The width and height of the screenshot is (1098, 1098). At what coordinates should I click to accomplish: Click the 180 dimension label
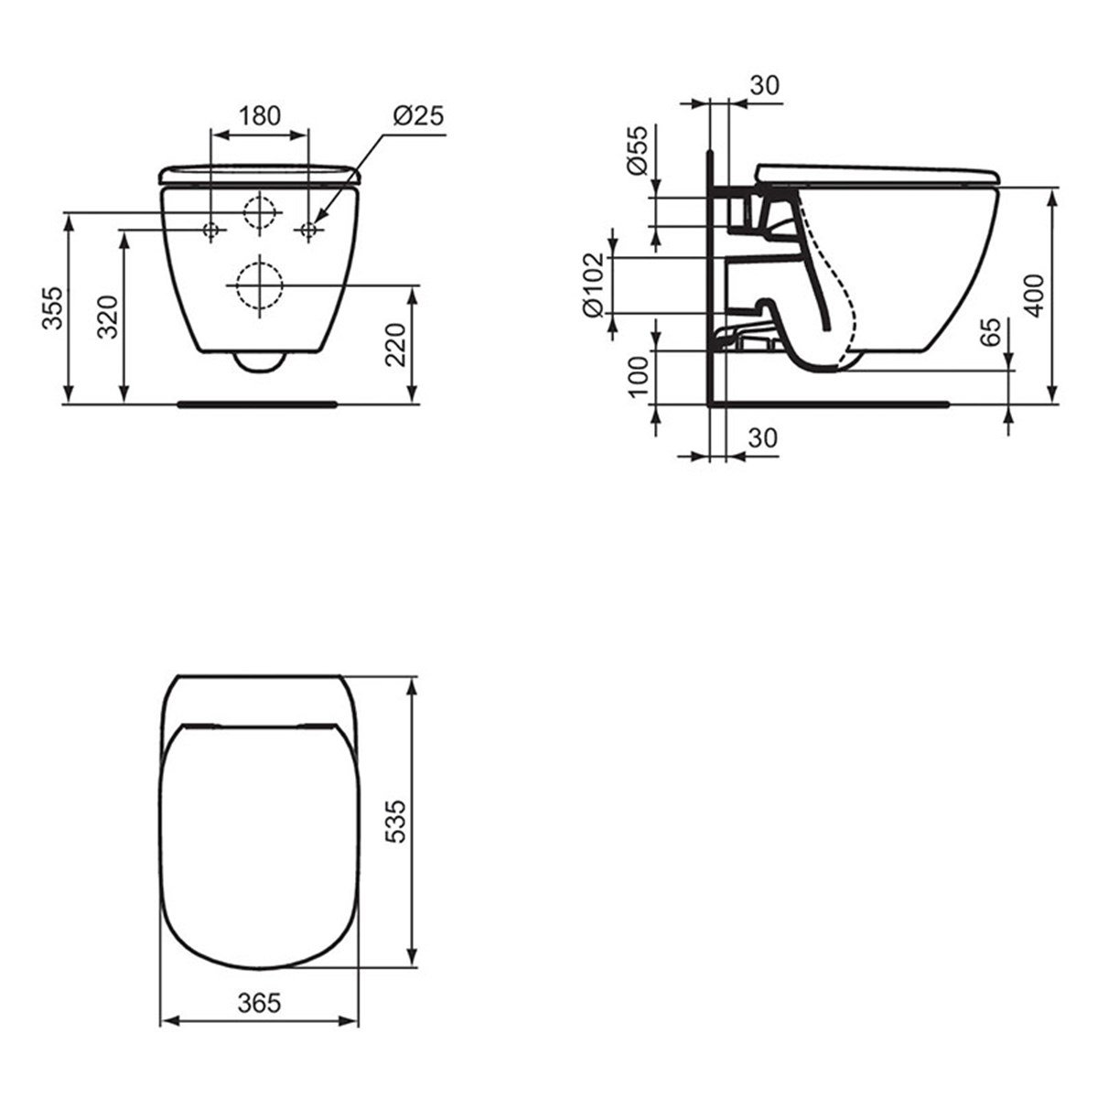tap(260, 115)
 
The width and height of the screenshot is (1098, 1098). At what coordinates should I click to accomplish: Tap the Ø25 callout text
tap(418, 115)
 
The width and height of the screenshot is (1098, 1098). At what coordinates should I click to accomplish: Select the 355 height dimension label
tap(54, 308)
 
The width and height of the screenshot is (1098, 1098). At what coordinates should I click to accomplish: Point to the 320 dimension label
tap(108, 317)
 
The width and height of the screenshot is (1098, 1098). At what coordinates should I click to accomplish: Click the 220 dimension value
tap(395, 345)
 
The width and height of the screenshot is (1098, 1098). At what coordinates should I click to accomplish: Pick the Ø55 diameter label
tap(637, 150)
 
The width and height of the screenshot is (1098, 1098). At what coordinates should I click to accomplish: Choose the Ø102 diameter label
tap(593, 285)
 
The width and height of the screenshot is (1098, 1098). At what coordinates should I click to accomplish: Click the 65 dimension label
tap(991, 331)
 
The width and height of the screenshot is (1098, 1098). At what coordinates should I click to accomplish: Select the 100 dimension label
tap(638, 377)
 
